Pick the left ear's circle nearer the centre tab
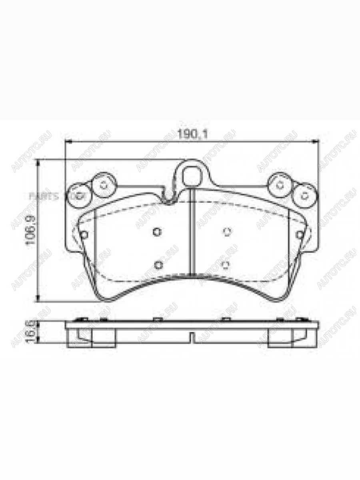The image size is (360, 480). [x=104, y=185]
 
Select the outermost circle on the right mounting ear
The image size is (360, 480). [x=305, y=195]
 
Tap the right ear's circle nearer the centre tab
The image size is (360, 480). [x=280, y=185]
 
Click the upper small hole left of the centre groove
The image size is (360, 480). [x=157, y=231]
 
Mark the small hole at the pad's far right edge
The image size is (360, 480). [x=300, y=235]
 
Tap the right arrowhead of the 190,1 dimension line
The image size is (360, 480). [x=318, y=141]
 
